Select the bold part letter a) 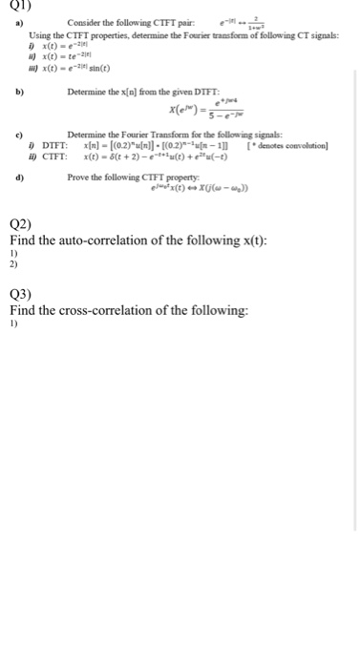coord(17,23)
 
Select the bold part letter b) coord(17,93)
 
